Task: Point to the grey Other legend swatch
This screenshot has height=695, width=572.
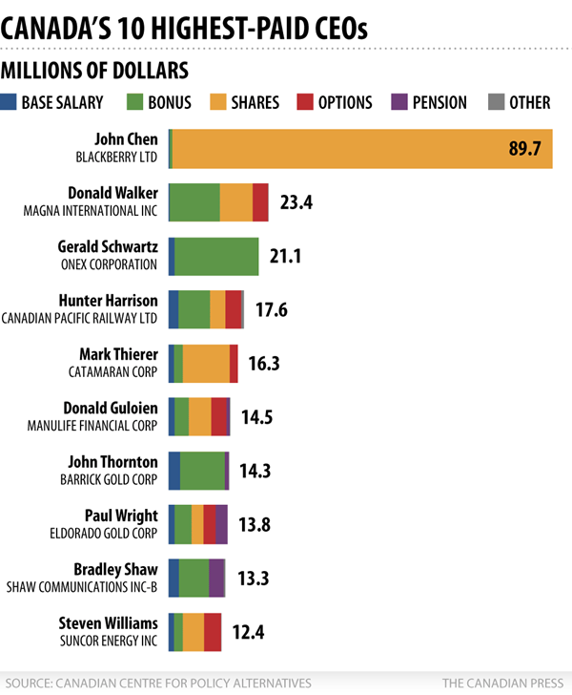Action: (494, 102)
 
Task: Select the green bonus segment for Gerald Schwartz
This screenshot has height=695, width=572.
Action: (216, 256)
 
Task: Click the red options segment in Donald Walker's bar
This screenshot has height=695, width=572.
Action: (260, 202)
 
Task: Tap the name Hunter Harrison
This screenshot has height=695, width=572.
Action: (108, 301)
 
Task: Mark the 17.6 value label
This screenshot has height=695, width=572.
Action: (272, 309)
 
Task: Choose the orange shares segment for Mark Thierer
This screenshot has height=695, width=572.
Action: (206, 363)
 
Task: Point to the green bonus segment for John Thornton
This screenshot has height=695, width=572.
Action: (202, 471)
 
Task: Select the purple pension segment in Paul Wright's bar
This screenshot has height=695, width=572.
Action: (221, 524)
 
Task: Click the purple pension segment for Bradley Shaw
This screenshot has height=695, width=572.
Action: (216, 578)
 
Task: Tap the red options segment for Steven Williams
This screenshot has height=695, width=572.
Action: (213, 631)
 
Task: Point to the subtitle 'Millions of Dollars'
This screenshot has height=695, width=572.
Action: (94, 71)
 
